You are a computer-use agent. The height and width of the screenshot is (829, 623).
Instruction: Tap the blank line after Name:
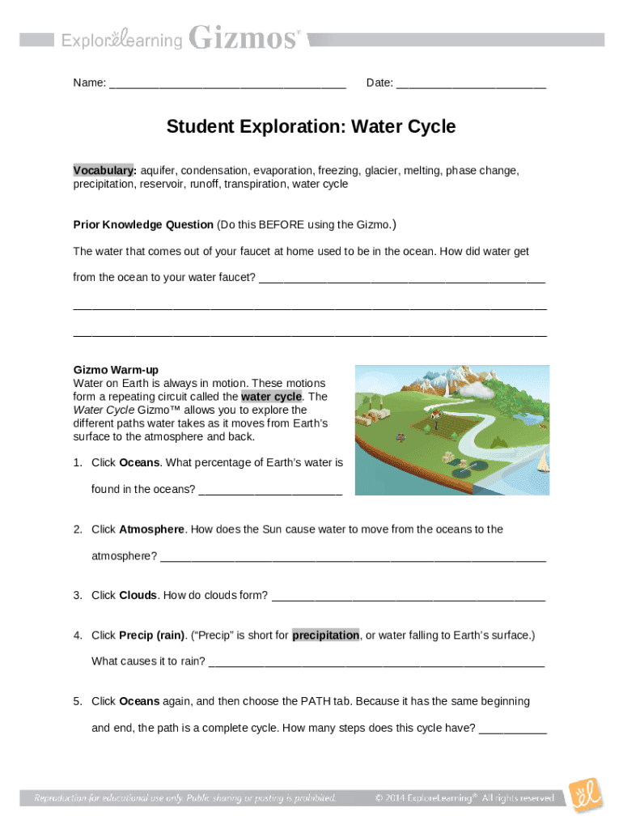click(x=227, y=83)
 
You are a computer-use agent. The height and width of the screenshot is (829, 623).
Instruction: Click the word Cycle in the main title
click(x=429, y=127)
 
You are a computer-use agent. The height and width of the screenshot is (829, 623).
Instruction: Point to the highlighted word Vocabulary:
click(x=104, y=171)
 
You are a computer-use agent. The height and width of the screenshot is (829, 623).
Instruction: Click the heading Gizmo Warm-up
click(x=116, y=370)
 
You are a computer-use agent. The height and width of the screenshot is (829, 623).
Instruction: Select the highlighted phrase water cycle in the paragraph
click(x=271, y=397)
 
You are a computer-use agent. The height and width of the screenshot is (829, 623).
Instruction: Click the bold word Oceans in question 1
click(x=140, y=463)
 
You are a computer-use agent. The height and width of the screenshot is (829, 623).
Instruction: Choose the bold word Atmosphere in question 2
click(x=151, y=529)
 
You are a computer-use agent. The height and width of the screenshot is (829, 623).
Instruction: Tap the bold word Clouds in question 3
click(x=138, y=595)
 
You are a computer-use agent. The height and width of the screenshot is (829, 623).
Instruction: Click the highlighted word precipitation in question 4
click(x=326, y=636)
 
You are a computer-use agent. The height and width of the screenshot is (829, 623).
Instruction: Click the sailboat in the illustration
click(x=540, y=461)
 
